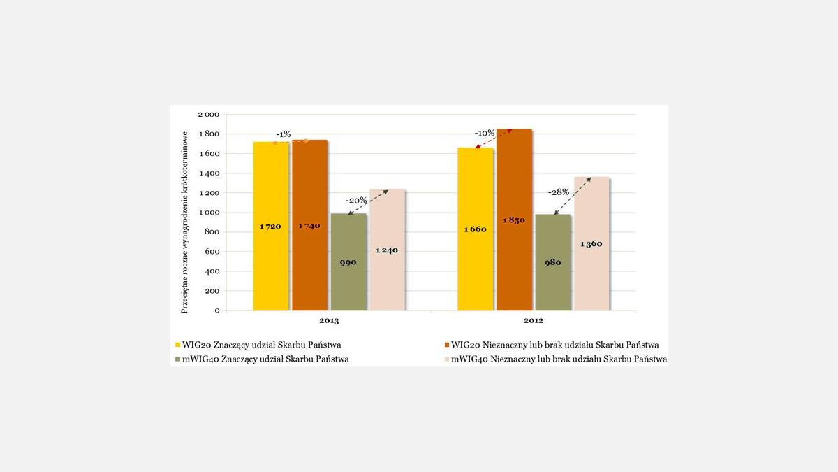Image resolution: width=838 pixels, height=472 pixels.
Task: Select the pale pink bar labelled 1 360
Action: pyautogui.click(x=591, y=244)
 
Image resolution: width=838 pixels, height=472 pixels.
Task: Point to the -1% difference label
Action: pyautogui.click(x=284, y=134)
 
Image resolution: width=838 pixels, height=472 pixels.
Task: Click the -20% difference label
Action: pyautogui.click(x=357, y=200)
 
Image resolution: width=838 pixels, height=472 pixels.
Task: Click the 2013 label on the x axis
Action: pyautogui.click(x=328, y=321)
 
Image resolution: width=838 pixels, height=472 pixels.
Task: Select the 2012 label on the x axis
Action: pyautogui.click(x=534, y=321)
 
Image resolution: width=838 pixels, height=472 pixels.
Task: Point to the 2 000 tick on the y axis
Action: pyautogui.click(x=207, y=115)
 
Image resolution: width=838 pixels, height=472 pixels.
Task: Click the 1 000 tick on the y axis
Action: pyautogui.click(x=207, y=213)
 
